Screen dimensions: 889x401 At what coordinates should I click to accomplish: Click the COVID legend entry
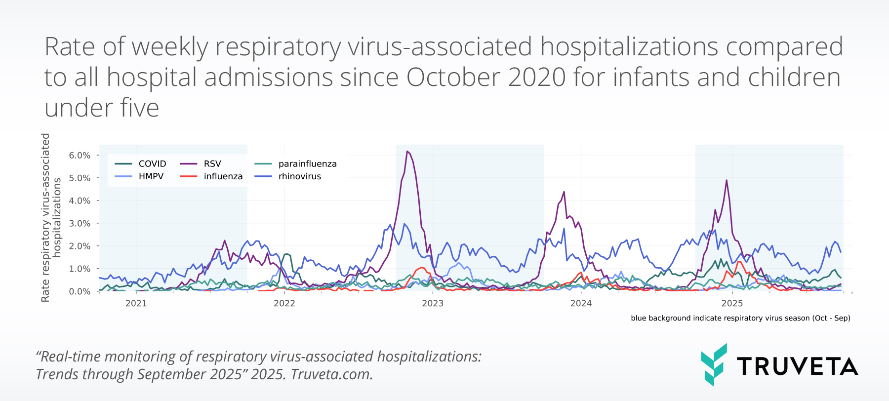[140, 163]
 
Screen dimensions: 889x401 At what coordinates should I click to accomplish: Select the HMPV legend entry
[139, 176]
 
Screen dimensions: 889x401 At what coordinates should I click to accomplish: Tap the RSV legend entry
[201, 163]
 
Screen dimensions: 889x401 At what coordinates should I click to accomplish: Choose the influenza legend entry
[211, 176]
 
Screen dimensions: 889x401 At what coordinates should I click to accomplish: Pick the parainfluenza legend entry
[295, 163]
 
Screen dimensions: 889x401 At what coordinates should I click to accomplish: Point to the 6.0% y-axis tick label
[80, 155]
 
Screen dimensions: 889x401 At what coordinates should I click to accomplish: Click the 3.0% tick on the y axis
[80, 223]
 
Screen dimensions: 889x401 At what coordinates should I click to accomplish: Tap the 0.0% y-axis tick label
[80, 291]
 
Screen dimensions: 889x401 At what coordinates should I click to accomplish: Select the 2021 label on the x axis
[136, 303]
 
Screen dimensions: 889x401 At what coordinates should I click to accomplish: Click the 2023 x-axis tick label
[433, 303]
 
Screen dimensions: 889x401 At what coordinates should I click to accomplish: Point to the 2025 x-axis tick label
[732, 303]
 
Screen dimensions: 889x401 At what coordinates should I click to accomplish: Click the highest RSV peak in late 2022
[407, 151]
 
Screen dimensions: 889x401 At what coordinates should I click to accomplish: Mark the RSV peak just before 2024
[564, 192]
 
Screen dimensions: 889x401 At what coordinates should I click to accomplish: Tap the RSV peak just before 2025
[727, 180]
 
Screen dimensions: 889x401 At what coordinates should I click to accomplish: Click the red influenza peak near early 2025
[738, 262]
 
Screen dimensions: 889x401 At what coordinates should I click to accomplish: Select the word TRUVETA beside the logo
[798, 366]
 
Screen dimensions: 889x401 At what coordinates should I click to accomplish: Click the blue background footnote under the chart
[740, 318]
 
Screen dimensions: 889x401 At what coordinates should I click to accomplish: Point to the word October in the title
[454, 77]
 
